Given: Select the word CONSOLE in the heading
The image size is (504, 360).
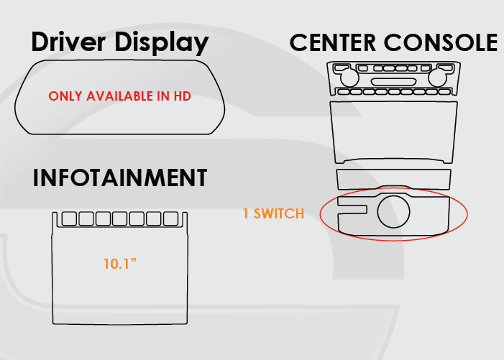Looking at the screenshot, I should (x=441, y=42).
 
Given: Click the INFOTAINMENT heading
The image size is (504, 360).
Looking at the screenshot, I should (x=120, y=178).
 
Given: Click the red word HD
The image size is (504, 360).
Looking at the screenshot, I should (x=183, y=96).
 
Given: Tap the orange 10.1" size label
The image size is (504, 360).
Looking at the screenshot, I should (x=119, y=264).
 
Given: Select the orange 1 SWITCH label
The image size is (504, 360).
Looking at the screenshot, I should (x=273, y=213).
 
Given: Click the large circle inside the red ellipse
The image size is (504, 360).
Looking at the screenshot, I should (x=394, y=211).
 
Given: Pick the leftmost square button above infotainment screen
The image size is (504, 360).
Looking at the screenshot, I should (x=70, y=218).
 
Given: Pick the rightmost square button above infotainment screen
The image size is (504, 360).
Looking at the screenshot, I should (x=170, y=218).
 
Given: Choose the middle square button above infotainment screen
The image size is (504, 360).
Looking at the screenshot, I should (x=120, y=218).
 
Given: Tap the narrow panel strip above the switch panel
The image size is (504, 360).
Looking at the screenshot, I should (x=393, y=179).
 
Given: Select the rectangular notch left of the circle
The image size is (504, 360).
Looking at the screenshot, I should (x=353, y=210).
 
